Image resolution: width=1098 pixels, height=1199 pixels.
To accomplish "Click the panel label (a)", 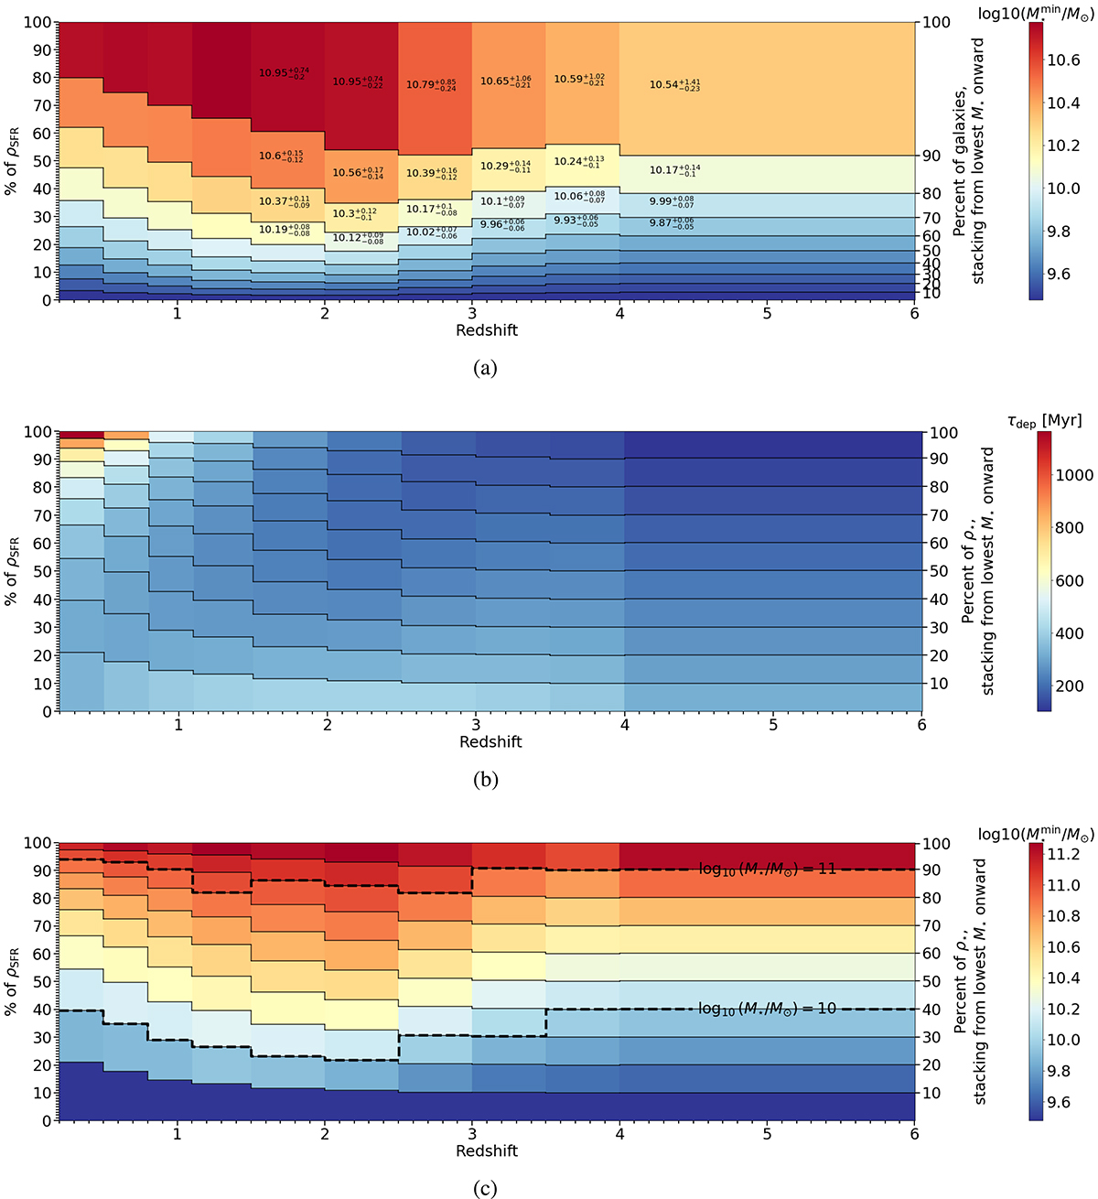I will point(486,368).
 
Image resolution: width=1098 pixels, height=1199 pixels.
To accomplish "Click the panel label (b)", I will point(486,780).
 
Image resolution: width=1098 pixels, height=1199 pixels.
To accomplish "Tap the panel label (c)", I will point(486,1189).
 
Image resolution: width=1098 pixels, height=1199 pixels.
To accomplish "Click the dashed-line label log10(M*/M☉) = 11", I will point(767,869).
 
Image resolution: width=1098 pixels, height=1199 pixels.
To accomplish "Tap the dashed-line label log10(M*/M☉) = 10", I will point(767,1009).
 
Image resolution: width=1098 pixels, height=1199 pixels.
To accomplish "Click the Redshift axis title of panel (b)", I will point(490,742).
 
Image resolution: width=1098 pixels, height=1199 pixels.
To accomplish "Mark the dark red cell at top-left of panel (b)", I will point(81,434).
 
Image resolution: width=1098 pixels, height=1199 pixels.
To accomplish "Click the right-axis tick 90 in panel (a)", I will point(931,156).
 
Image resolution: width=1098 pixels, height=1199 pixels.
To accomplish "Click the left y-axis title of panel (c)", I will point(16,981).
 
